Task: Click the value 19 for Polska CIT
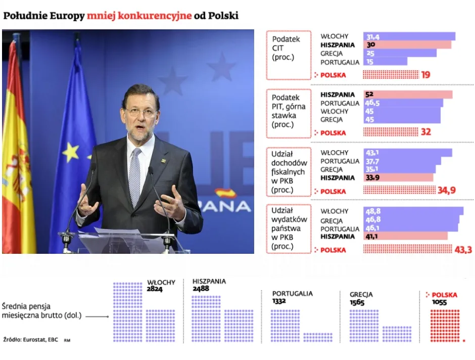pyautogui.click(x=425, y=75)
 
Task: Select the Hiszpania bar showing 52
pyautogui.click(x=407, y=95)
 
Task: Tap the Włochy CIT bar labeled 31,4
pyautogui.click(x=409, y=36)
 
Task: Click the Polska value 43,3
pyautogui.click(x=463, y=250)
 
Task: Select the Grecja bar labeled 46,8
pyautogui.click(x=411, y=220)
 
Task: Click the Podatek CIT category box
pyautogui.click(x=289, y=55)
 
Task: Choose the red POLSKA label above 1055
pyautogui.click(x=444, y=295)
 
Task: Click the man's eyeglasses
pyautogui.click(x=140, y=111)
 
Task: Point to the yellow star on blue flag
pyautogui.click(x=70, y=151)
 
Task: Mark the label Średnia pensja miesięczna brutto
pyautogui.click(x=40, y=311)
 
